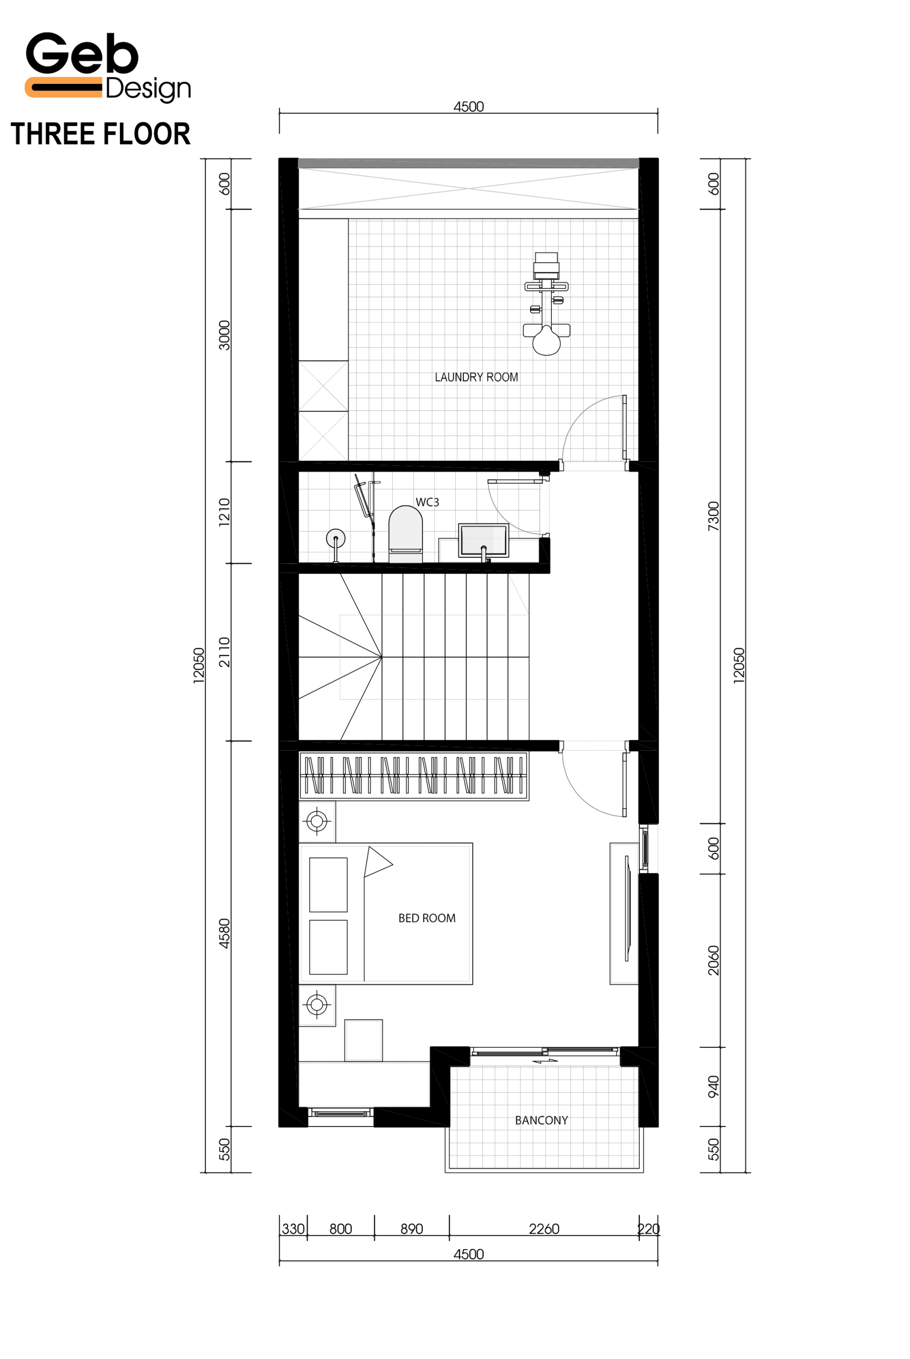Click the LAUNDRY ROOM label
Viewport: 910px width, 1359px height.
(x=476, y=377)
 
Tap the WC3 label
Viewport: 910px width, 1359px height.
(x=427, y=502)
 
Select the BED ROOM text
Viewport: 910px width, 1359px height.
(x=427, y=918)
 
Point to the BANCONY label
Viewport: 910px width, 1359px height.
(x=541, y=1120)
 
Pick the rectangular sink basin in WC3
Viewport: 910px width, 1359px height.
(x=483, y=540)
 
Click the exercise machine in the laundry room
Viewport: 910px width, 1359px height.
(x=546, y=304)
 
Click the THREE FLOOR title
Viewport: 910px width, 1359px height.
(x=100, y=134)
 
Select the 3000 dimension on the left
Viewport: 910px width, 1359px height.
(x=224, y=335)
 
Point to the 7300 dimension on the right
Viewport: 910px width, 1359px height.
(x=713, y=516)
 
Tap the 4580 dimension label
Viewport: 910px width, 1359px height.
(x=224, y=933)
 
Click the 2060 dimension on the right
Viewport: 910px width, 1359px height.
(x=713, y=960)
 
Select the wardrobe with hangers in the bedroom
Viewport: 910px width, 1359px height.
(x=414, y=776)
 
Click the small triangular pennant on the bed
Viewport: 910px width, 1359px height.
(x=377, y=862)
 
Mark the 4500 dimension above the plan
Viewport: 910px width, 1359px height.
(x=469, y=107)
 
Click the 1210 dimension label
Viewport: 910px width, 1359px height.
(x=224, y=512)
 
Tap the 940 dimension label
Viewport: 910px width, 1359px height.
(x=713, y=1086)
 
